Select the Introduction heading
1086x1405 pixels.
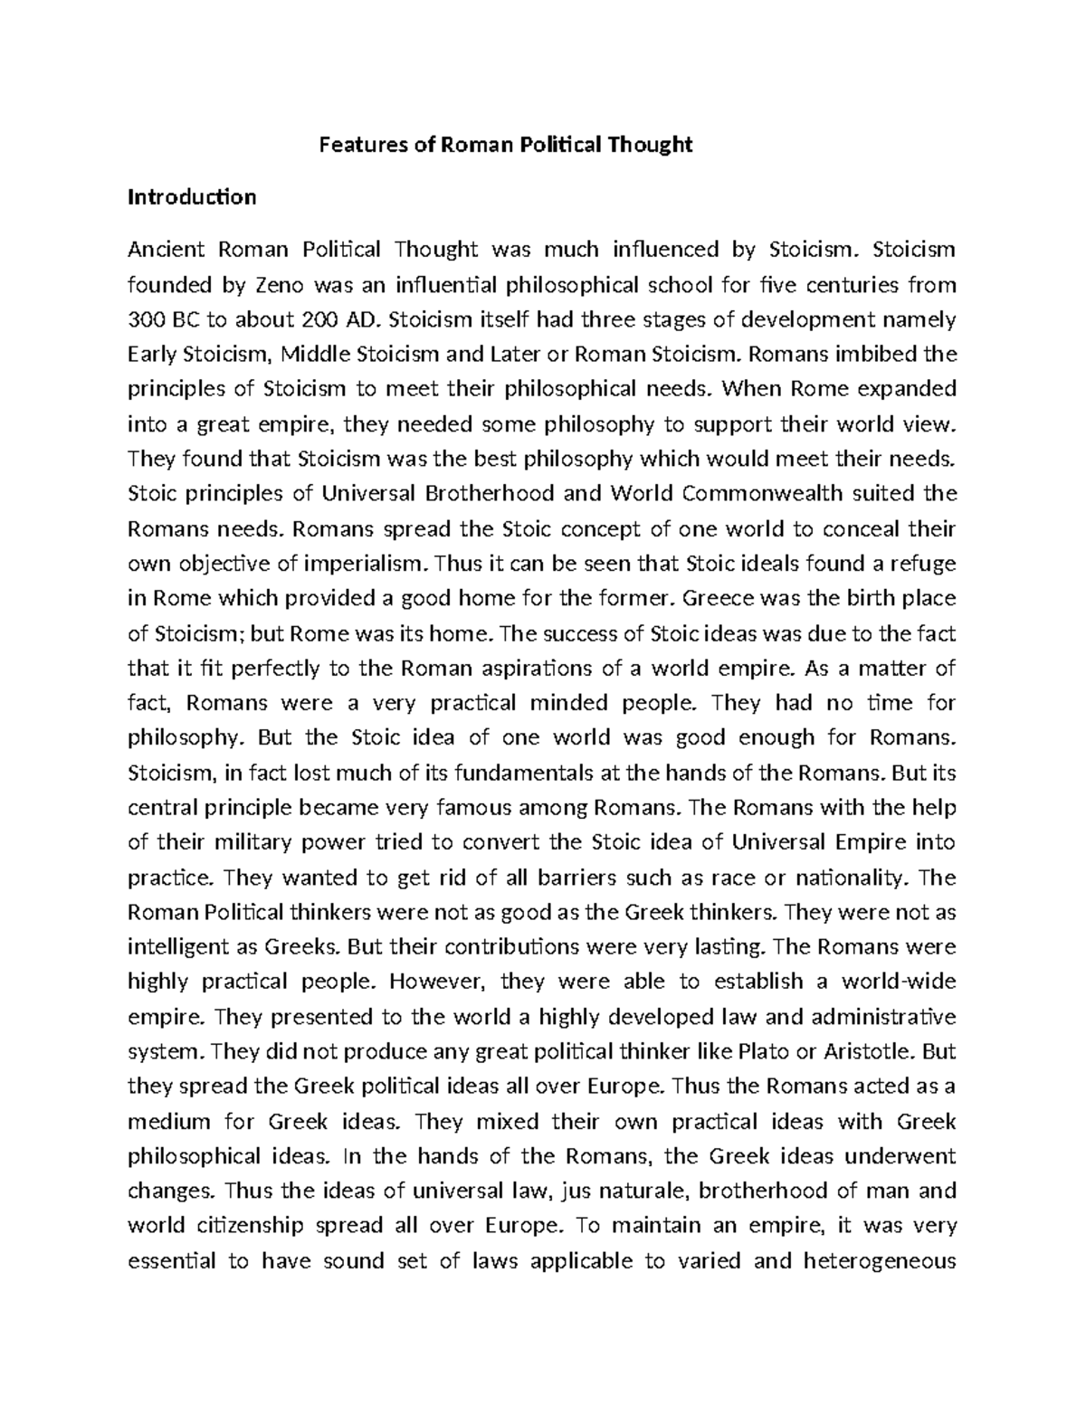coord(192,197)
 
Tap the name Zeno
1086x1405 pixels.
coord(275,285)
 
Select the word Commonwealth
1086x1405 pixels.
coord(762,494)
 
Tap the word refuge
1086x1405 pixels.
coord(924,564)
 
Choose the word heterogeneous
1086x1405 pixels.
coord(880,1261)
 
